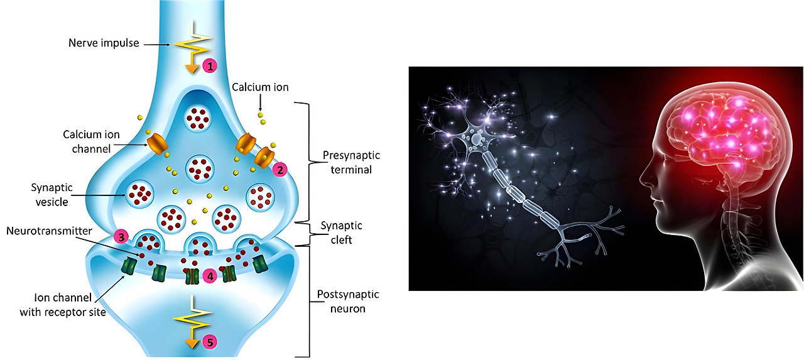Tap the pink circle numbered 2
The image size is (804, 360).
[281, 168]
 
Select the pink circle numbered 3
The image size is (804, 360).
[122, 237]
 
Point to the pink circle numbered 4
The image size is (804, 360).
[211, 275]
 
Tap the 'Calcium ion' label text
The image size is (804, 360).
[259, 87]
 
